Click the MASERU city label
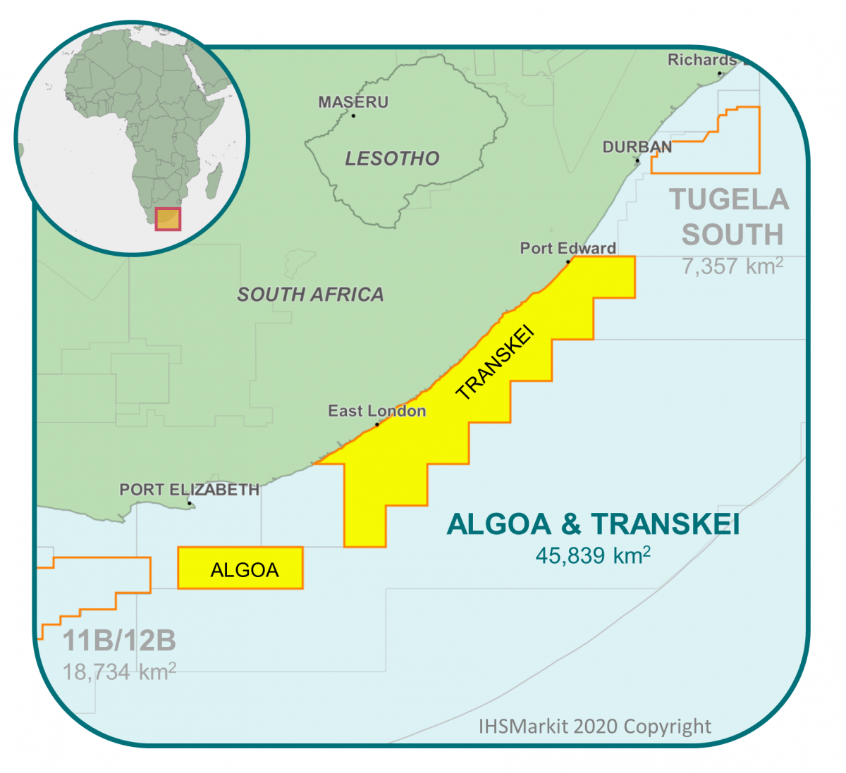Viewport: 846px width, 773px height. tap(353, 102)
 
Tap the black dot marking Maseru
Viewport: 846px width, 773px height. tap(353, 116)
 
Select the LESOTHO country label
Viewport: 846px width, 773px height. tap(392, 159)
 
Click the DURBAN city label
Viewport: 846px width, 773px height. tap(637, 147)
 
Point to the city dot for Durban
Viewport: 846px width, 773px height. tap(637, 161)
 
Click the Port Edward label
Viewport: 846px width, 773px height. tap(568, 248)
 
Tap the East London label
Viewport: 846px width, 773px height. tap(376, 411)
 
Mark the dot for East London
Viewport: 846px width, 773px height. tap(377, 424)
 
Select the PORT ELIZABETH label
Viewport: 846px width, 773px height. tap(189, 489)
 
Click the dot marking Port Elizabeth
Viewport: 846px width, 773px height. tap(189, 503)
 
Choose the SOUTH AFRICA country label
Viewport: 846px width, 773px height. tap(310, 295)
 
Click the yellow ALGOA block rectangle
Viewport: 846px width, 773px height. tap(240, 568)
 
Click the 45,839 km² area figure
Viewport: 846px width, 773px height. tap(593, 555)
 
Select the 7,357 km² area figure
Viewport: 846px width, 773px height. tap(732, 266)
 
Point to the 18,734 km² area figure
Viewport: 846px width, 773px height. tap(119, 672)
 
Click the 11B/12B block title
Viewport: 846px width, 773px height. tap(119, 641)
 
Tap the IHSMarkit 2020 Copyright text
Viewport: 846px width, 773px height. tap(595, 726)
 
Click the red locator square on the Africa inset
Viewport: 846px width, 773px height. tap(168, 218)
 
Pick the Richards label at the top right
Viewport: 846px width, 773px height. tap(702, 60)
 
